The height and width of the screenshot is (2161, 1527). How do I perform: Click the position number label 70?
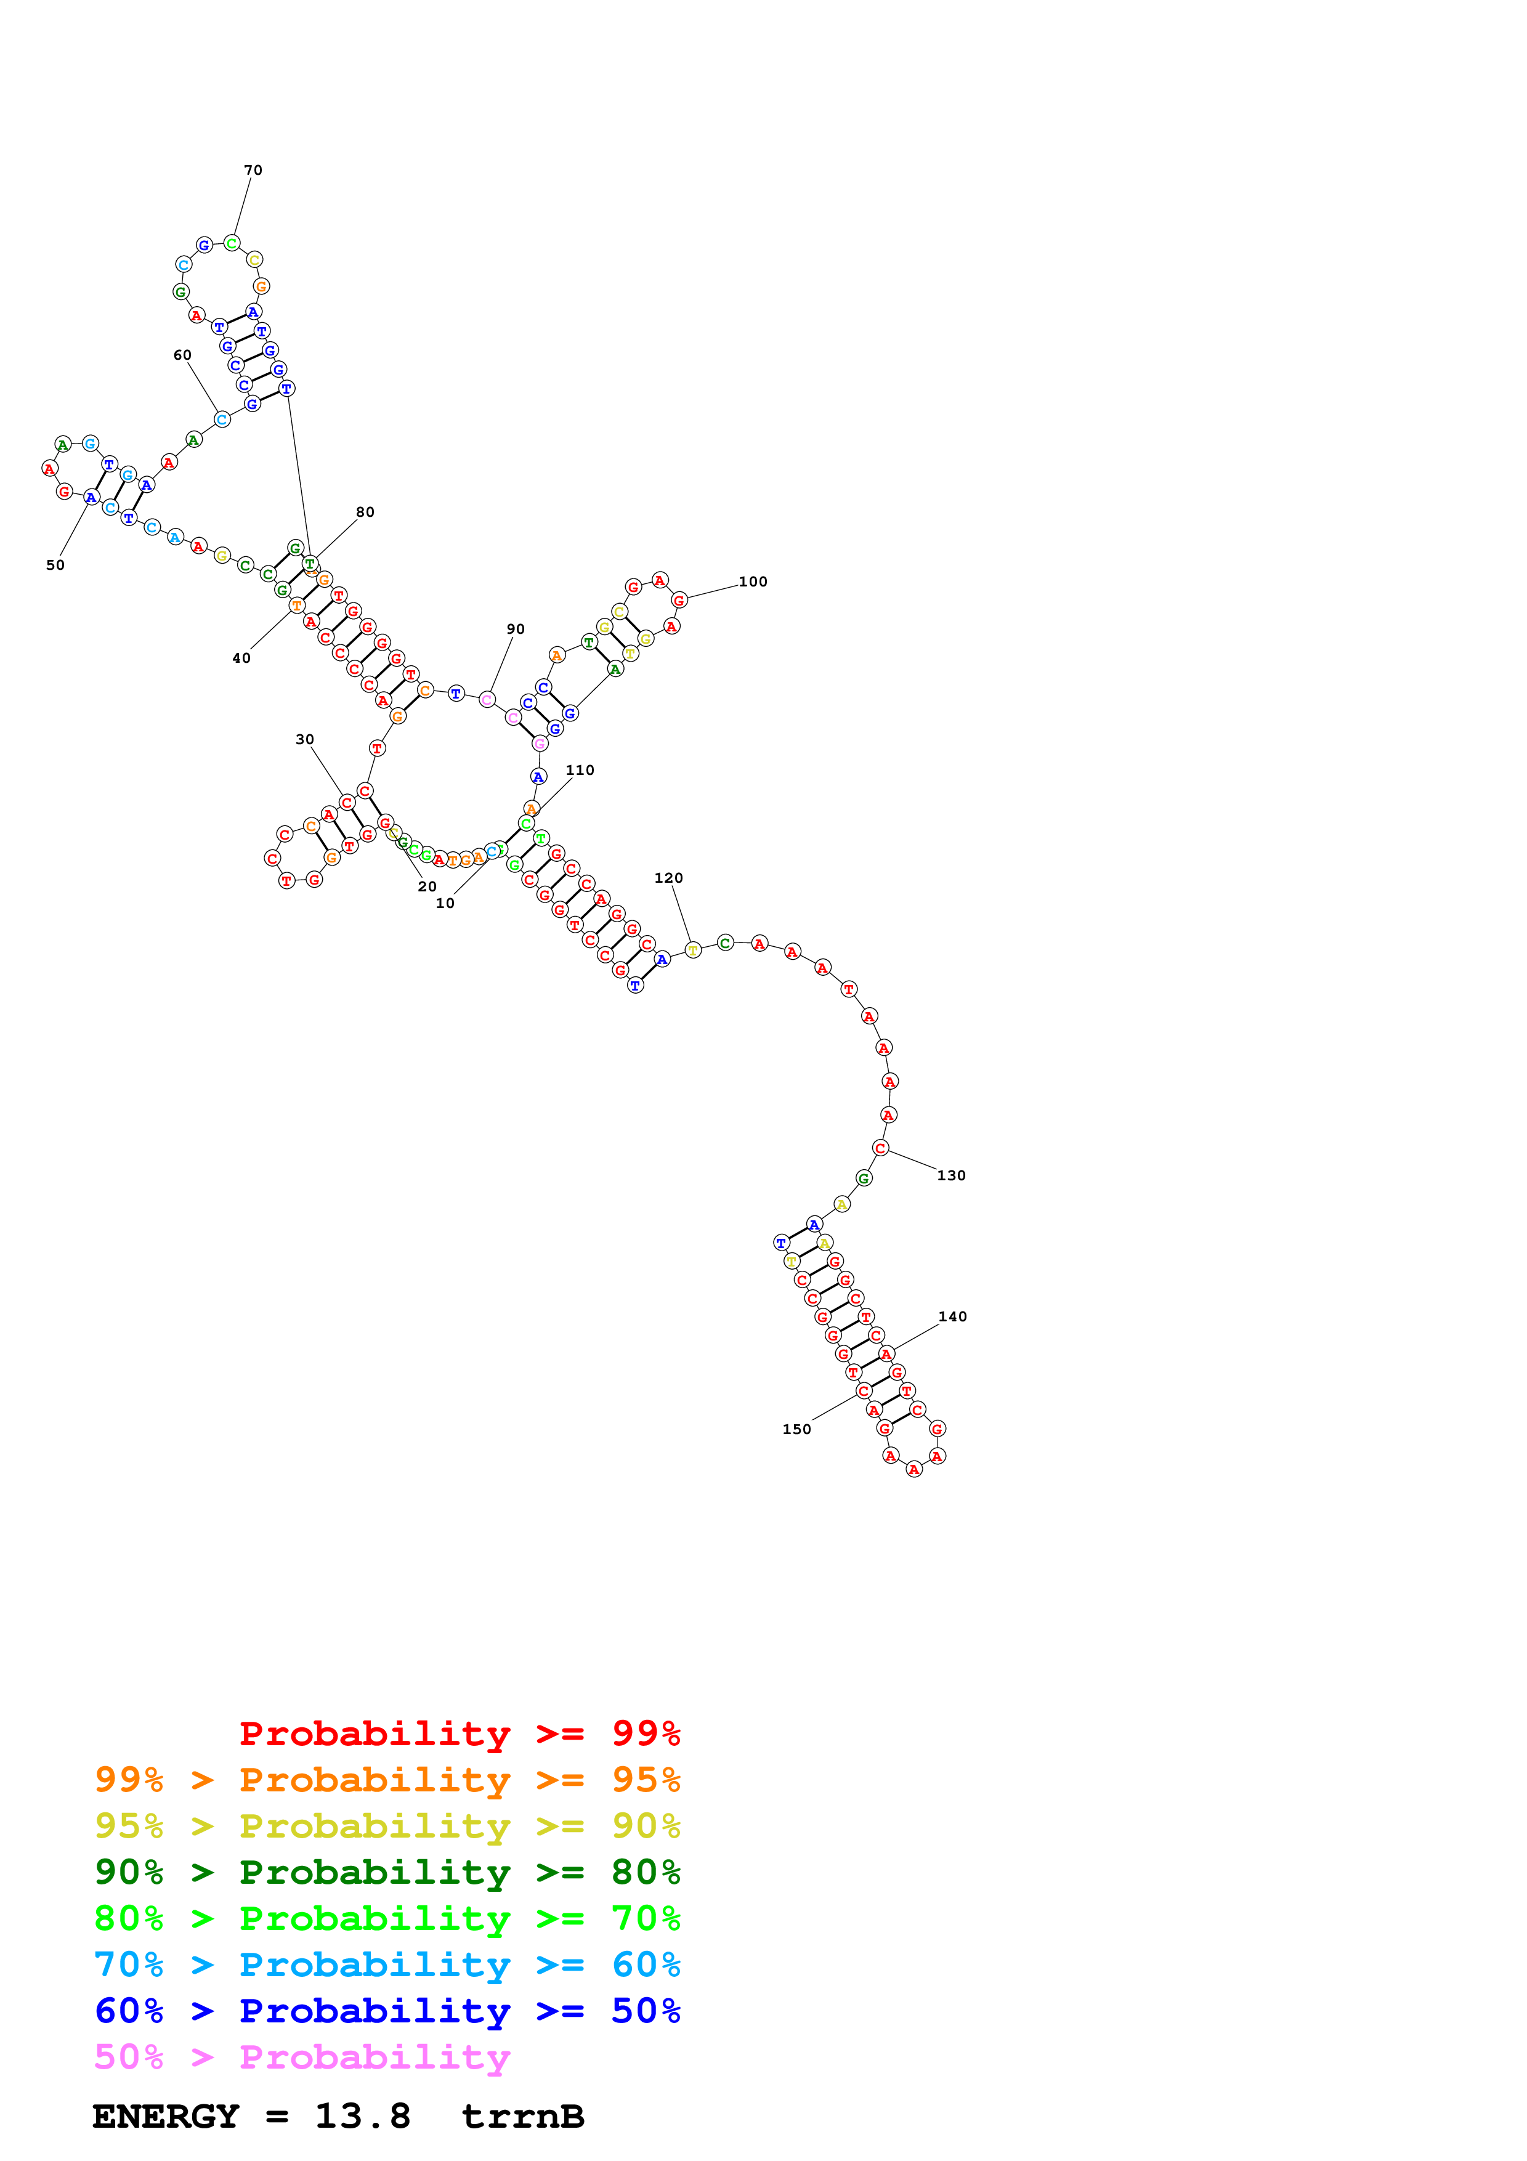pos(253,171)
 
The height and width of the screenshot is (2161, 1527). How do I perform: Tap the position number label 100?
pos(753,582)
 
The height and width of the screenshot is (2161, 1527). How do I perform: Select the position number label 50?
pos(55,565)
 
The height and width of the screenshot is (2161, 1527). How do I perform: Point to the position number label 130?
pos(951,1175)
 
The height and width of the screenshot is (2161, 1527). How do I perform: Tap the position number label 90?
pos(516,629)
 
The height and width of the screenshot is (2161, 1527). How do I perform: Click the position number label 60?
pos(182,355)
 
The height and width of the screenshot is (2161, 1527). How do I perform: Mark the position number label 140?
pos(953,1316)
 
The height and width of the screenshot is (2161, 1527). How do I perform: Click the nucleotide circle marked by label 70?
pos(232,244)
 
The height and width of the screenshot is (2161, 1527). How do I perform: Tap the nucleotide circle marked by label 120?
pos(692,950)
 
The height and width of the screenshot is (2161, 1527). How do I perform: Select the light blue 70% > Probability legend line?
pos(387,1964)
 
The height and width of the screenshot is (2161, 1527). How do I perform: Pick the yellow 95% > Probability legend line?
pos(387,1826)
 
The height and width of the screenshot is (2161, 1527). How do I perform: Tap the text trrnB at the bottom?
pos(523,2116)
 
